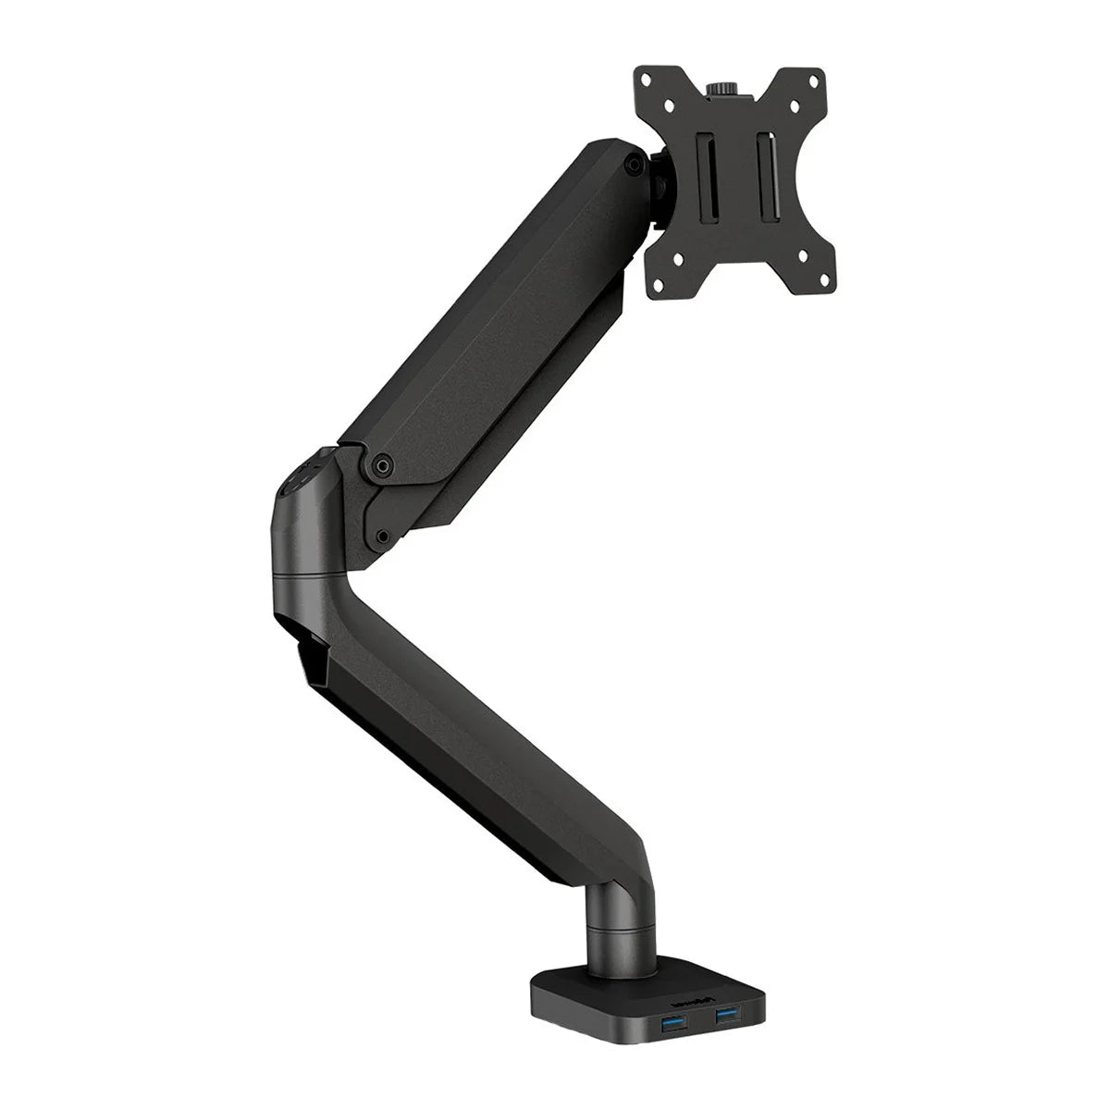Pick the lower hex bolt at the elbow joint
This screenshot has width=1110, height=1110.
(381, 535)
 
